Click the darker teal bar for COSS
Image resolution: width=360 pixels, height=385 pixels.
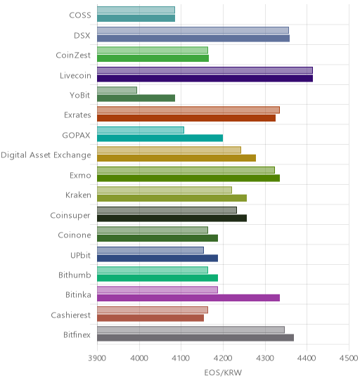coord(136,18)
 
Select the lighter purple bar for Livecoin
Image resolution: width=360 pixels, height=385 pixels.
coord(205,70)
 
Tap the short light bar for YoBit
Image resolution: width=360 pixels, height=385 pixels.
coord(117,90)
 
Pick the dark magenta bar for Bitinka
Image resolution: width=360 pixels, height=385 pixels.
coord(188,298)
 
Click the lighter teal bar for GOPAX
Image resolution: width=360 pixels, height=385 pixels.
coord(141,130)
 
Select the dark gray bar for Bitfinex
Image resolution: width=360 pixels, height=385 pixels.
coord(195,338)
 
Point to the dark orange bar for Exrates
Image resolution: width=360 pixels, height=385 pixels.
coord(186,118)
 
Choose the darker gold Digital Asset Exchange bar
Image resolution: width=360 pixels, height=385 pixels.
coord(176,158)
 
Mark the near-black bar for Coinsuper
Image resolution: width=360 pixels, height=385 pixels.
coord(172,218)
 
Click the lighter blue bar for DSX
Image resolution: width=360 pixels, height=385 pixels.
coord(193,30)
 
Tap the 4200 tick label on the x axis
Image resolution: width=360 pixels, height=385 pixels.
coord(223,358)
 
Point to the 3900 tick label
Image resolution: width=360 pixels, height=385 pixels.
coord(97,358)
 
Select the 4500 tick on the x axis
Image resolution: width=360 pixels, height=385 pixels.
coord(349,358)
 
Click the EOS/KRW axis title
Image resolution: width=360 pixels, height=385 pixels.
coord(223,373)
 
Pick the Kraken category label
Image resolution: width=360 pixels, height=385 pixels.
coord(78,195)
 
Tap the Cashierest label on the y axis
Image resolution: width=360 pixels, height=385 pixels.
coord(71,315)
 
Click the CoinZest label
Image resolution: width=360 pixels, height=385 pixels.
coord(73,55)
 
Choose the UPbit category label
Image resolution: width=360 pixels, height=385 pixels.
coord(81,255)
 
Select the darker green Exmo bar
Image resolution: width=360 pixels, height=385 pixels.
coord(188,178)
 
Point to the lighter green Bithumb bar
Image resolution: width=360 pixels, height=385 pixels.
coord(153,270)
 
